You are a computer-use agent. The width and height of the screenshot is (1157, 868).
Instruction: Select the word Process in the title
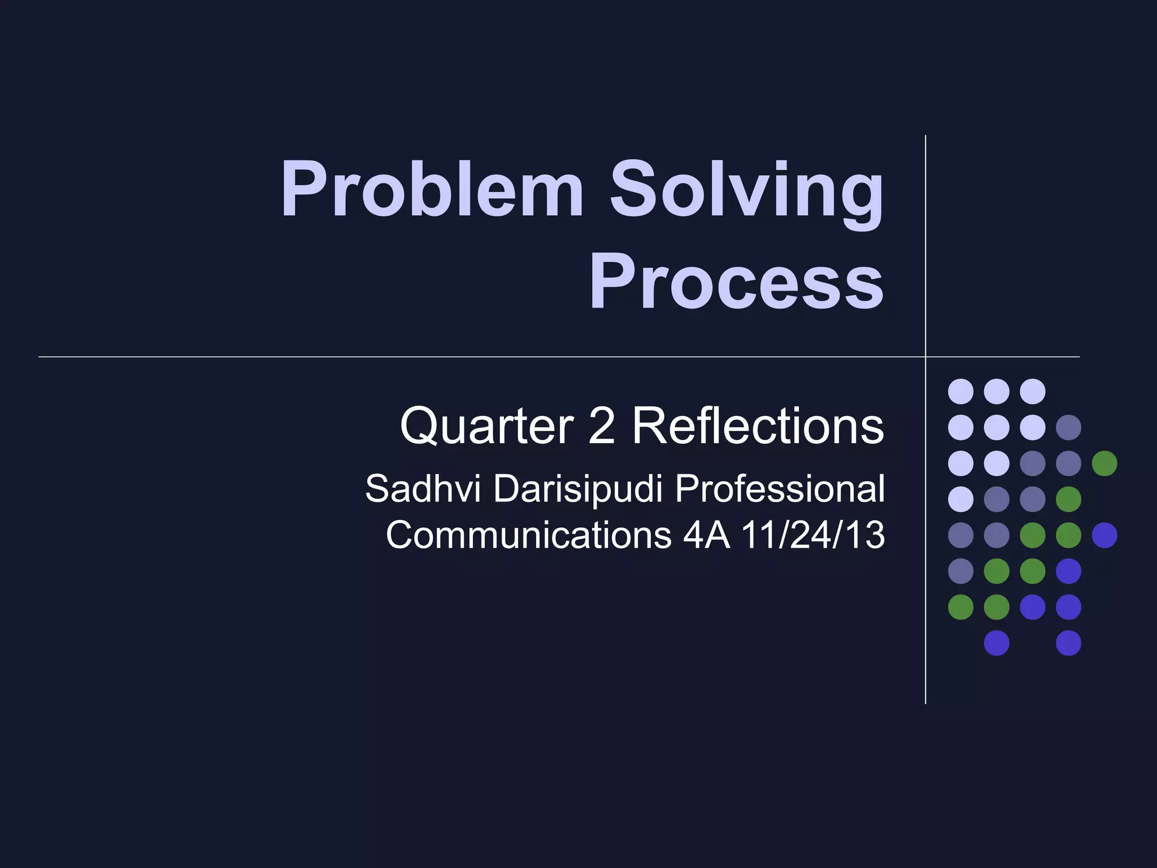pos(736,283)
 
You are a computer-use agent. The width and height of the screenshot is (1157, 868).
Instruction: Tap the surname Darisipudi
pos(578,489)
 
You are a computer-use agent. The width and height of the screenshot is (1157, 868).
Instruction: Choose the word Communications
pos(528,535)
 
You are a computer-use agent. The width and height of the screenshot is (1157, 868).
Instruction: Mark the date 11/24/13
pos(813,535)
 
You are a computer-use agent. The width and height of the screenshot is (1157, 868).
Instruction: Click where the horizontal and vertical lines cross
pos(925,357)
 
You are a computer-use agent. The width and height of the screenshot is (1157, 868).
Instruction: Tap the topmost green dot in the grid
pos(1104,463)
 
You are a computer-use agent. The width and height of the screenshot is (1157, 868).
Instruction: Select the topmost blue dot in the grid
pos(1104,535)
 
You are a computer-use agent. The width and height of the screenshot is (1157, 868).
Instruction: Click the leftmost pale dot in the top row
pos(960,391)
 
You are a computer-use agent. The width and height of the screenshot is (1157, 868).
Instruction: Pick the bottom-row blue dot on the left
pos(997,643)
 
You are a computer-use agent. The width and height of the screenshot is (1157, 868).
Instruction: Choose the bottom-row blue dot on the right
pos(1068,643)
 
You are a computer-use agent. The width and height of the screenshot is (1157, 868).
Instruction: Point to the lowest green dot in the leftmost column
pos(960,607)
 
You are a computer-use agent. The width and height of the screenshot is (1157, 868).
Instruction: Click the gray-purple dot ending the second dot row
pos(1068,427)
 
